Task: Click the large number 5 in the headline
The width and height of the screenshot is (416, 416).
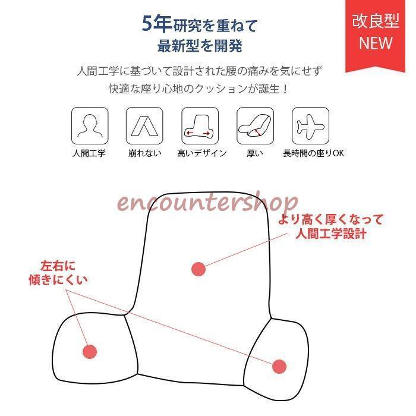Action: point(149,24)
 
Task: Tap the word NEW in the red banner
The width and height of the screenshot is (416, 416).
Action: point(376,43)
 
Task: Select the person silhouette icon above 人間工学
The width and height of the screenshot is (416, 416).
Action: point(90,125)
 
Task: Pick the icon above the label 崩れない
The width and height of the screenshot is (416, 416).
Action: point(144,125)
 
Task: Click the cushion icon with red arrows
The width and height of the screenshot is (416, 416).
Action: point(199,125)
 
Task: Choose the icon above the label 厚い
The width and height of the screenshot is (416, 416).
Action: point(255,125)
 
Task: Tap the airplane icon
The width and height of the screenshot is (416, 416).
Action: point(310,125)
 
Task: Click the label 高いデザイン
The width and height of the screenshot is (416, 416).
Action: point(202,153)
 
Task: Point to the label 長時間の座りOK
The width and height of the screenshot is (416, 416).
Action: point(313,153)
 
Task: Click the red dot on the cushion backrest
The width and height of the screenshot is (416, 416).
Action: point(198,269)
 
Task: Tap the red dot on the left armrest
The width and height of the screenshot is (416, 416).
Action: point(89,351)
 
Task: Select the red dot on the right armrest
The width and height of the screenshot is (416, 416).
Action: point(279,366)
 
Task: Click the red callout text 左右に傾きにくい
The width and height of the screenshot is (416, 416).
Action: point(58,272)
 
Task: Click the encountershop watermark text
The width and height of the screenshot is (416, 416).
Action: point(207,203)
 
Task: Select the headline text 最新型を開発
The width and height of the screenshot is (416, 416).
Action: point(199,46)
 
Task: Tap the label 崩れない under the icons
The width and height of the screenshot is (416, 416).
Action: point(144,153)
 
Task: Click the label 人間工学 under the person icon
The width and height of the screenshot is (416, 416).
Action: point(89,153)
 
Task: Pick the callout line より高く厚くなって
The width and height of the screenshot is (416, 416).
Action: point(331,219)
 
